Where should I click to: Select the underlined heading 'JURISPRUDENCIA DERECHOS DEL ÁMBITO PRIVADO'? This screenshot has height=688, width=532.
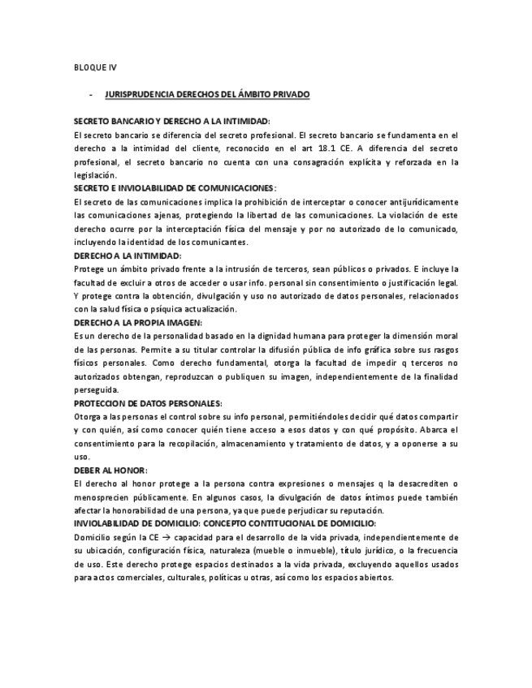pyautogui.click(x=207, y=95)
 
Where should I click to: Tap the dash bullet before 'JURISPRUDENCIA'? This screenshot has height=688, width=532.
pyautogui.click(x=90, y=95)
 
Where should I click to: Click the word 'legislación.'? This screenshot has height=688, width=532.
pyautogui.click(x=95, y=174)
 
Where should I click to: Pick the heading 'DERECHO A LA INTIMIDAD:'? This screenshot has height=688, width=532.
pyautogui.click(x=127, y=255)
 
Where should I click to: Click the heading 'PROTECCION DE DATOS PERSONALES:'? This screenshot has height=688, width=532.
pyautogui.click(x=147, y=402)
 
